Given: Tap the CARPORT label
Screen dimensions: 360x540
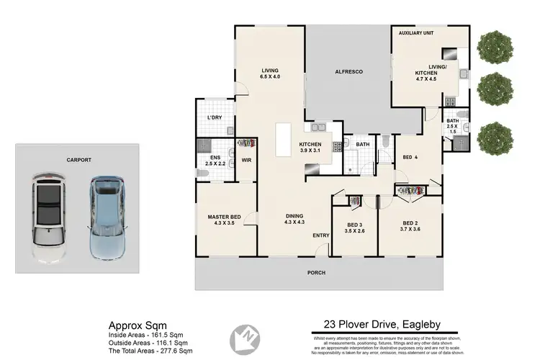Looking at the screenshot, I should pyautogui.click(x=78, y=161).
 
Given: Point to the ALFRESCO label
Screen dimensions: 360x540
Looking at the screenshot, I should pyautogui.click(x=348, y=72).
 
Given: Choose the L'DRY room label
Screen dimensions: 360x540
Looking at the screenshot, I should pyautogui.click(x=214, y=117).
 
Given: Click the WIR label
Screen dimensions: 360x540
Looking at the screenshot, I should pyautogui.click(x=246, y=160).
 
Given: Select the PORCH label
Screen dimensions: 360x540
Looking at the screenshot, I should pyautogui.click(x=316, y=273).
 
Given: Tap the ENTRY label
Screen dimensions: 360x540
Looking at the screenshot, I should pyautogui.click(x=320, y=235).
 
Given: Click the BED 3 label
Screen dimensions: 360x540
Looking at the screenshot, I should pyautogui.click(x=356, y=225).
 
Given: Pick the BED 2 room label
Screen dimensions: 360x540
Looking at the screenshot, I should pyautogui.click(x=410, y=222).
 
